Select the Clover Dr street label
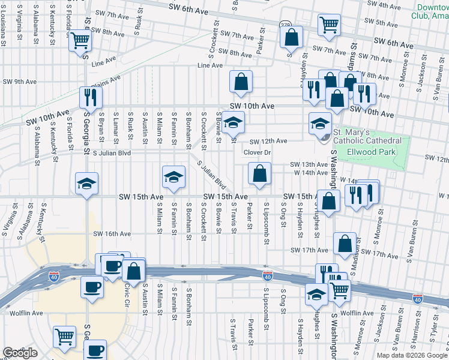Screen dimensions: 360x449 pyautogui.click(x=258, y=152)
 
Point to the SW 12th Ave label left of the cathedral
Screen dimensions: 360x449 pyautogui.click(x=268, y=142)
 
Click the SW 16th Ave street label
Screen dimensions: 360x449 pyautogui.click(x=112, y=234)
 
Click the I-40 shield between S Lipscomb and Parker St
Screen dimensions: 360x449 pyautogui.click(x=268, y=275)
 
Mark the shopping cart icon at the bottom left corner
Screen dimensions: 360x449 pyautogui.click(x=64, y=336)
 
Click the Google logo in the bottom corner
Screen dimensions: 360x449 pyautogui.click(x=20, y=353)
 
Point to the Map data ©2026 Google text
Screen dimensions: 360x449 pyautogui.click(x=412, y=355)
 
